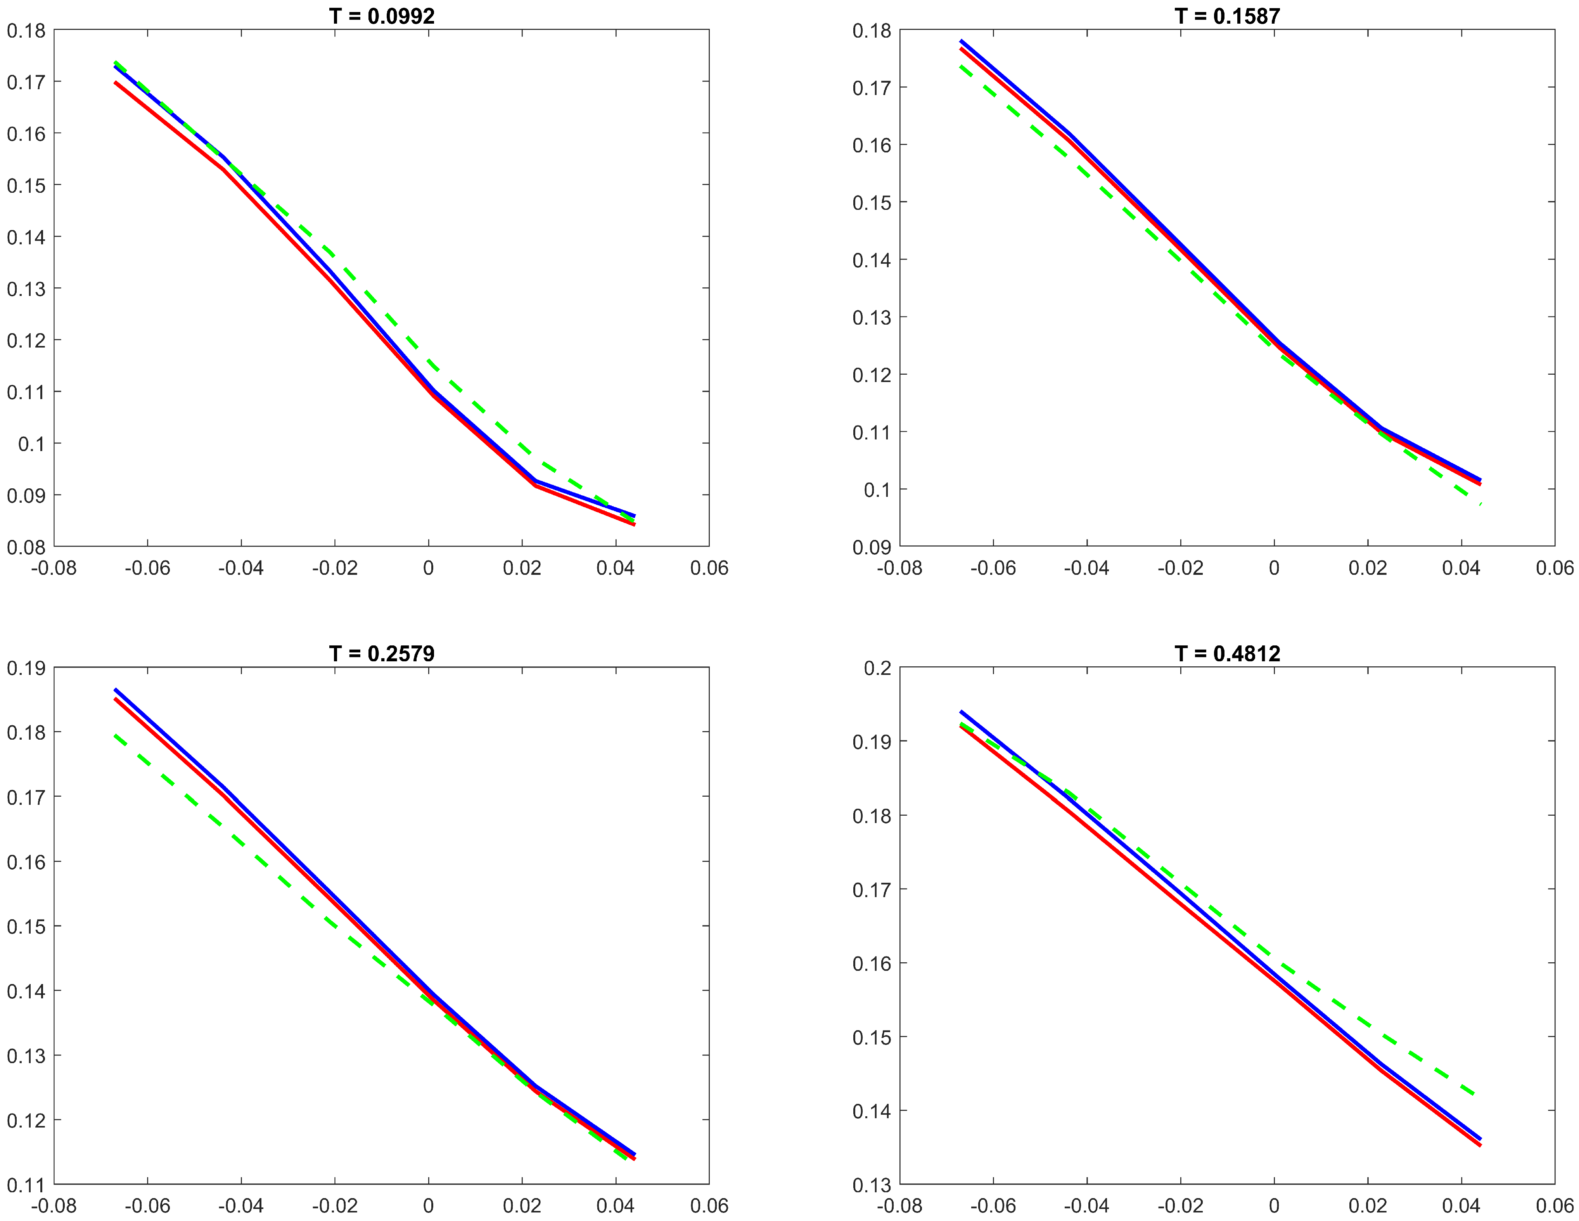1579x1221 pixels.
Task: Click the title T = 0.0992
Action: (x=382, y=16)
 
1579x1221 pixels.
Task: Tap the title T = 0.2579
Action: (x=382, y=654)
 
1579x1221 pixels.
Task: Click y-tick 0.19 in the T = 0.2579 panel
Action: (x=26, y=668)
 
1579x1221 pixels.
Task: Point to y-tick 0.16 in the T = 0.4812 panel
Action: (x=872, y=963)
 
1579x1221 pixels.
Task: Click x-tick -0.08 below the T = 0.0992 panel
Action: (x=54, y=568)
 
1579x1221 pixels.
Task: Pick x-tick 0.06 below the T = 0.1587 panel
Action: (x=1555, y=568)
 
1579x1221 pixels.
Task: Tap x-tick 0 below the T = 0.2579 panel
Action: (x=429, y=1206)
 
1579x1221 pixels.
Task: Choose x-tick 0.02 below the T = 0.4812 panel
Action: (x=1367, y=1206)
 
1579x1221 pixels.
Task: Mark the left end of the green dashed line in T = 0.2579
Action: (x=115, y=736)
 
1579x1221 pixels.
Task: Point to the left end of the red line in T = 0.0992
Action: (x=115, y=82)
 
